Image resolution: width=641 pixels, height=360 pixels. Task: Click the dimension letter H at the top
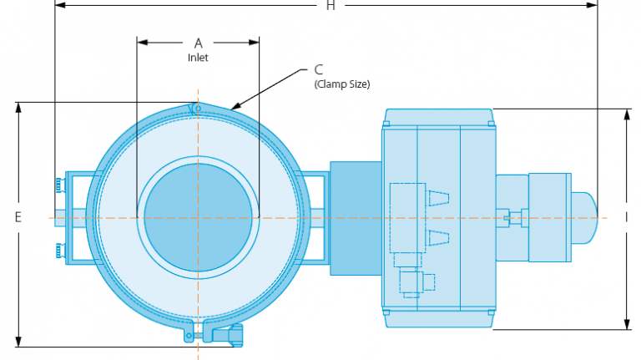tap(331, 6)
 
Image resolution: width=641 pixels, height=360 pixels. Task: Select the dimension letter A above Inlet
tap(198, 43)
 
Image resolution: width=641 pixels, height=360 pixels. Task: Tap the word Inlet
tap(198, 58)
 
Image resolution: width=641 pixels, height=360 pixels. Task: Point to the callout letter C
tap(319, 70)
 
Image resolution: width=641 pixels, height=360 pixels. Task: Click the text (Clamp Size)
tap(341, 84)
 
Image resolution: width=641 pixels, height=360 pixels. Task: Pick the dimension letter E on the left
tap(18, 217)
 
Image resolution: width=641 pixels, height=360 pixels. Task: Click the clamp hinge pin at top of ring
tap(194, 107)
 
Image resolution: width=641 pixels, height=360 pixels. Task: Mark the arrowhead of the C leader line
tap(233, 109)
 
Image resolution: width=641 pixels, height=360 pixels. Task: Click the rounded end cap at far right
tap(586, 217)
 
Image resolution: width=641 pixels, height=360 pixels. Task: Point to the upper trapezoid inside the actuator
tap(437, 198)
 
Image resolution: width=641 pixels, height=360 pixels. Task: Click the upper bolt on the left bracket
tap(58, 184)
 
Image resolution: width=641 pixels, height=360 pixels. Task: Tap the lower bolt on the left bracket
tap(58, 250)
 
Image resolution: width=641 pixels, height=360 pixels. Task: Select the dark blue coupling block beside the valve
tap(356, 217)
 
